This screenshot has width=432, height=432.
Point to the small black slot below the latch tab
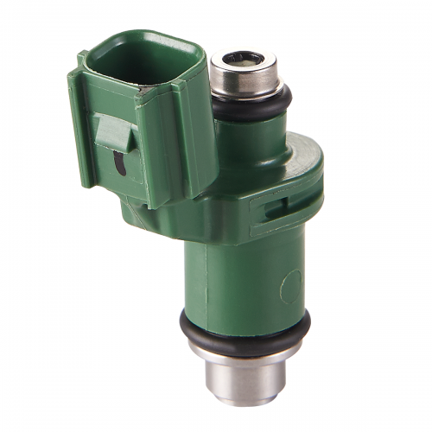118,162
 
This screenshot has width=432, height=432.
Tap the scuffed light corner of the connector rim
86,59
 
